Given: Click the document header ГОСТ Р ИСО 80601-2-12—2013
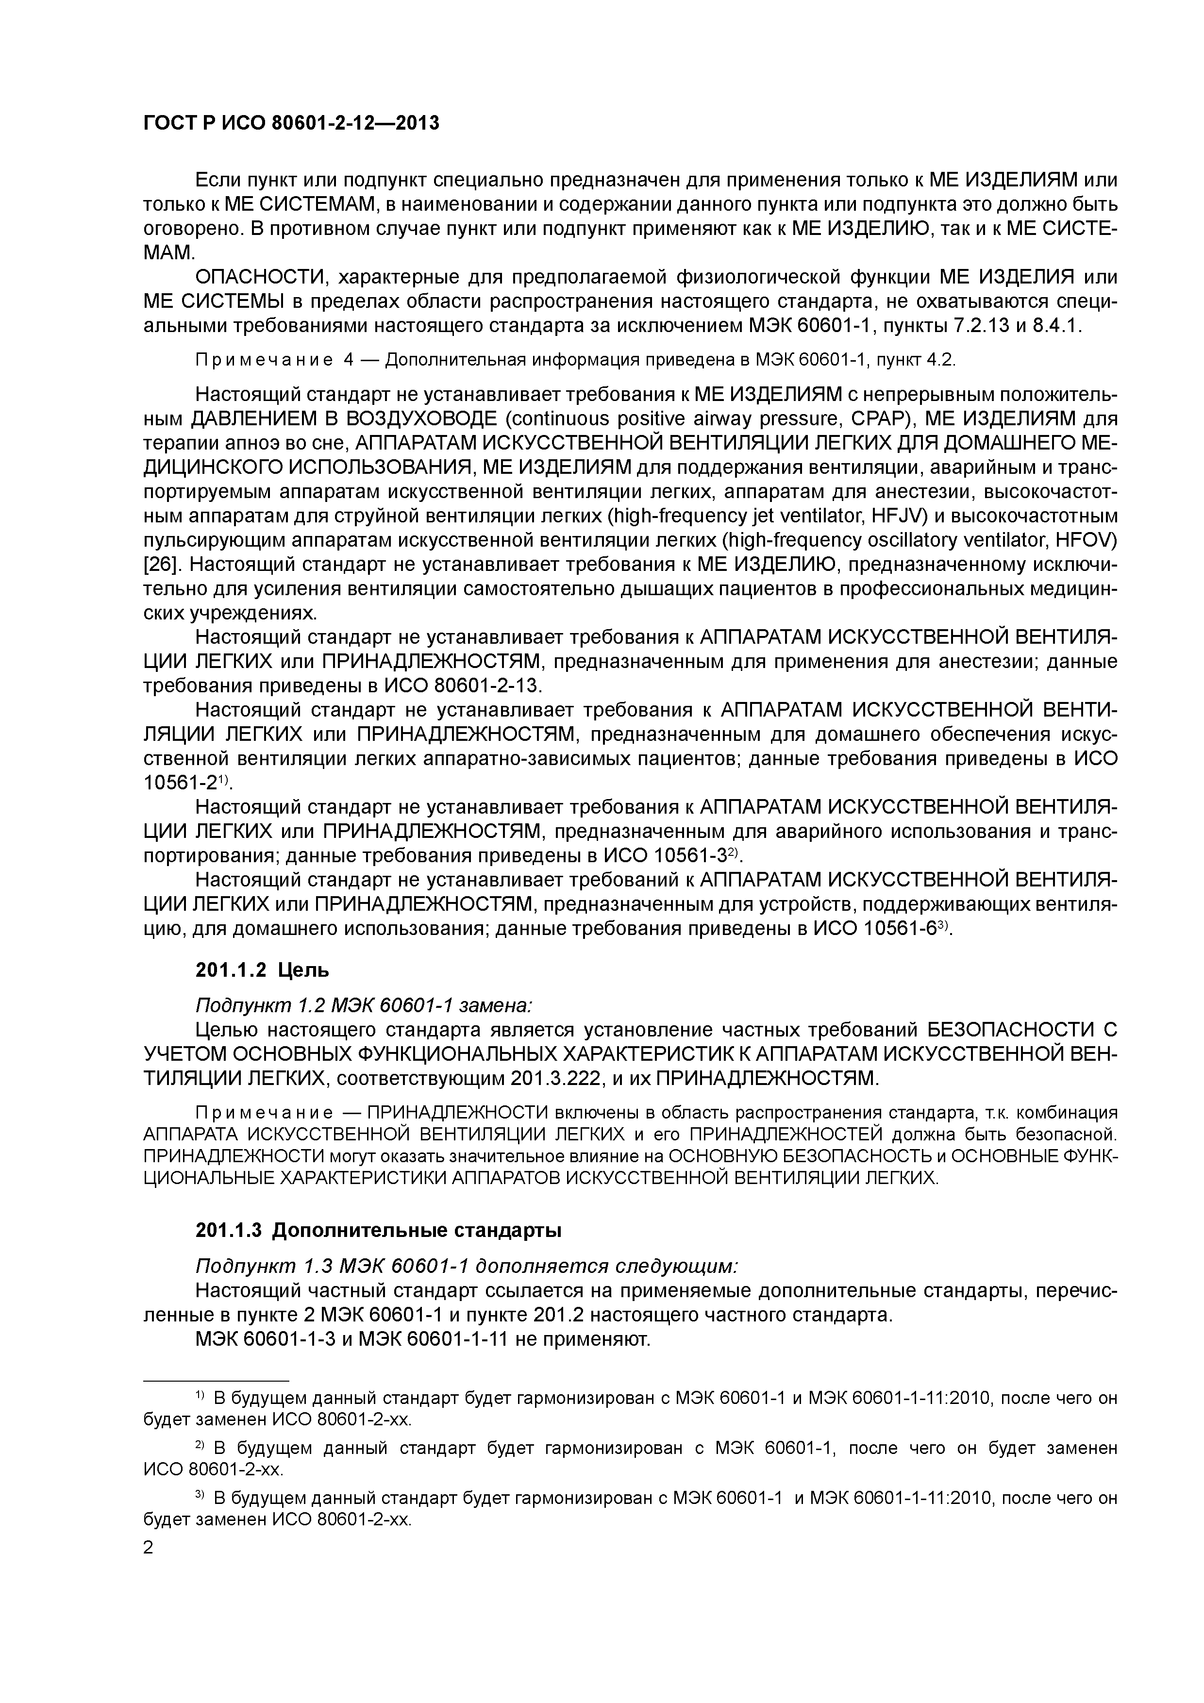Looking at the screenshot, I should pos(291,123).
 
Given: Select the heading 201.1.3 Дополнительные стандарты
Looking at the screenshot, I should pos(378,1231).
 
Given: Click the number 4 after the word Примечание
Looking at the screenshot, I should pos(349,361).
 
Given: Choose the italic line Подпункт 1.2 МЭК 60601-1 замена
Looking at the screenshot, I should pos(363,1006).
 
